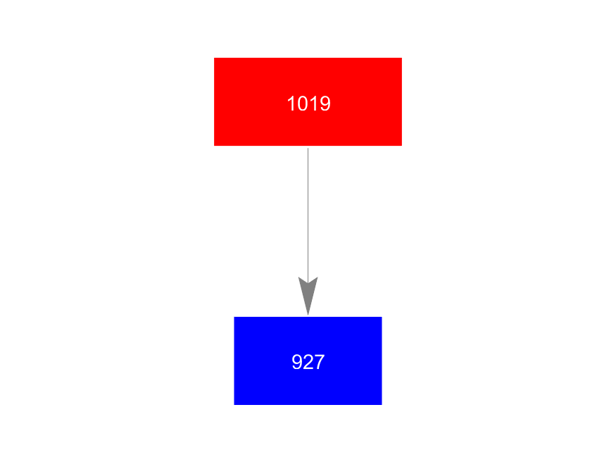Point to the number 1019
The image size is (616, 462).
pyautogui.click(x=308, y=104)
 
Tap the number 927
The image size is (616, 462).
pyautogui.click(x=308, y=363)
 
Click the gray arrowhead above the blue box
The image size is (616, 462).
pyautogui.click(x=308, y=292)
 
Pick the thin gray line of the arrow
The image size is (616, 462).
pyautogui.click(x=308, y=211)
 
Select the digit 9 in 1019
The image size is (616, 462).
pyautogui.click(x=325, y=104)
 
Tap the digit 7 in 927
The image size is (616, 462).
pyautogui.click(x=319, y=363)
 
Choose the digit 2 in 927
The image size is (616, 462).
pyautogui.click(x=308, y=363)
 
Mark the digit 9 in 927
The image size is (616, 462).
pyautogui.click(x=297, y=363)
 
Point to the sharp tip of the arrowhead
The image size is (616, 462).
pyautogui.click(x=308, y=314)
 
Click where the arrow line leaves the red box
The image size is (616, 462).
pyautogui.click(x=308, y=146)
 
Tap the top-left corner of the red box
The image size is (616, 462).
pyautogui.click(x=215, y=58)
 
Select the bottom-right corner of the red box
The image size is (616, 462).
pyautogui.click(x=401, y=145)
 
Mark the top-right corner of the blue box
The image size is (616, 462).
pyautogui.click(x=381, y=318)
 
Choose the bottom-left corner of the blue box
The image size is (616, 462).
pyautogui.click(x=234, y=404)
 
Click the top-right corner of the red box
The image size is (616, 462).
pyautogui.click(x=401, y=58)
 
